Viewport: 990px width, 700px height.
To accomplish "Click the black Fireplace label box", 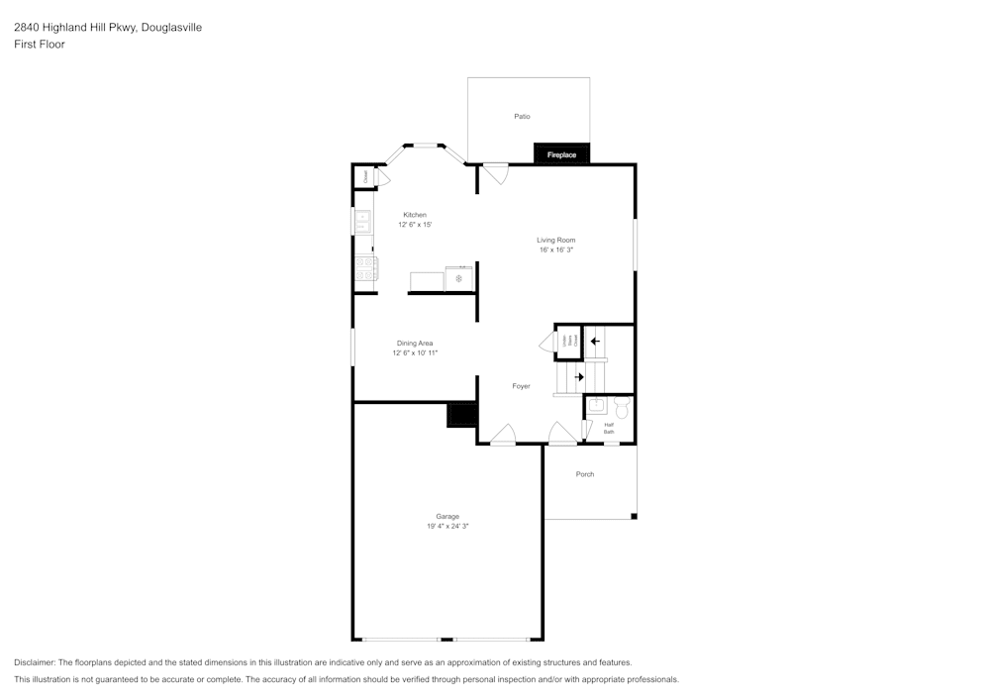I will click(x=562, y=154).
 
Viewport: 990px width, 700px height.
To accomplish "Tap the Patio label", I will click(x=522, y=117).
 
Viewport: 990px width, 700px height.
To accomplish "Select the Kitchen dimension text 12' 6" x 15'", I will click(x=415, y=225).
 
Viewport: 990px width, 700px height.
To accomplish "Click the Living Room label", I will click(x=556, y=241).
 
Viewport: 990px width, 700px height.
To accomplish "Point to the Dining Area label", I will click(x=415, y=344).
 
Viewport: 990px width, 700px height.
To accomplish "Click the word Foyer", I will click(x=521, y=386).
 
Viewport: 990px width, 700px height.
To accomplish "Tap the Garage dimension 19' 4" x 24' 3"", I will click(x=447, y=526).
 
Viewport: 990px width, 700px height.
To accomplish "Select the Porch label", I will click(x=585, y=474).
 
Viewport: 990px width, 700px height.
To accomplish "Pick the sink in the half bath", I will click(x=597, y=406).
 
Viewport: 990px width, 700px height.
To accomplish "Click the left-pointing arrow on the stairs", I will click(x=595, y=342).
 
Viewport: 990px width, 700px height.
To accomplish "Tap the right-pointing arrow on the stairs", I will click(x=579, y=376).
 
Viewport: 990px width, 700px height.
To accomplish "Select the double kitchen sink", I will click(x=362, y=221).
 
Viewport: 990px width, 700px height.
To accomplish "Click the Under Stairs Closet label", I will click(x=568, y=342).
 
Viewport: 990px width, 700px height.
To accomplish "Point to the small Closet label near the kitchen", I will click(x=364, y=177).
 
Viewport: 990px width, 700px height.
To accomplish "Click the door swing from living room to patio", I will click(x=495, y=173).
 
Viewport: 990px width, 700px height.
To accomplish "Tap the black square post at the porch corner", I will click(x=634, y=516).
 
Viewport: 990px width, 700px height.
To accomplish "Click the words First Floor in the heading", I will click(x=40, y=45).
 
